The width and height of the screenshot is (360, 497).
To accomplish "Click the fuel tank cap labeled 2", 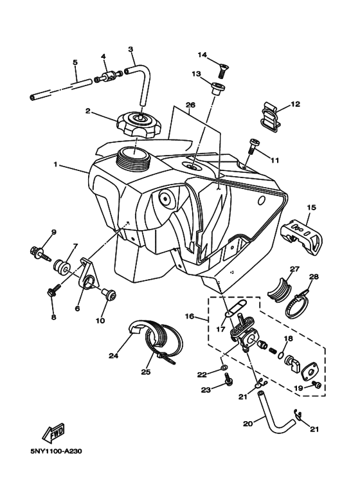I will point(136,123).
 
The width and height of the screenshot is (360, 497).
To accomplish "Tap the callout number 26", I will point(190,105).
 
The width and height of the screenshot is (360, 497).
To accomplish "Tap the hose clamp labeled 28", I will point(299,298).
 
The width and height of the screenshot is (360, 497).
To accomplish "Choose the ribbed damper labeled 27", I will point(280,285).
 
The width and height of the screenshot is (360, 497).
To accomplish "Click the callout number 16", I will point(190,316).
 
